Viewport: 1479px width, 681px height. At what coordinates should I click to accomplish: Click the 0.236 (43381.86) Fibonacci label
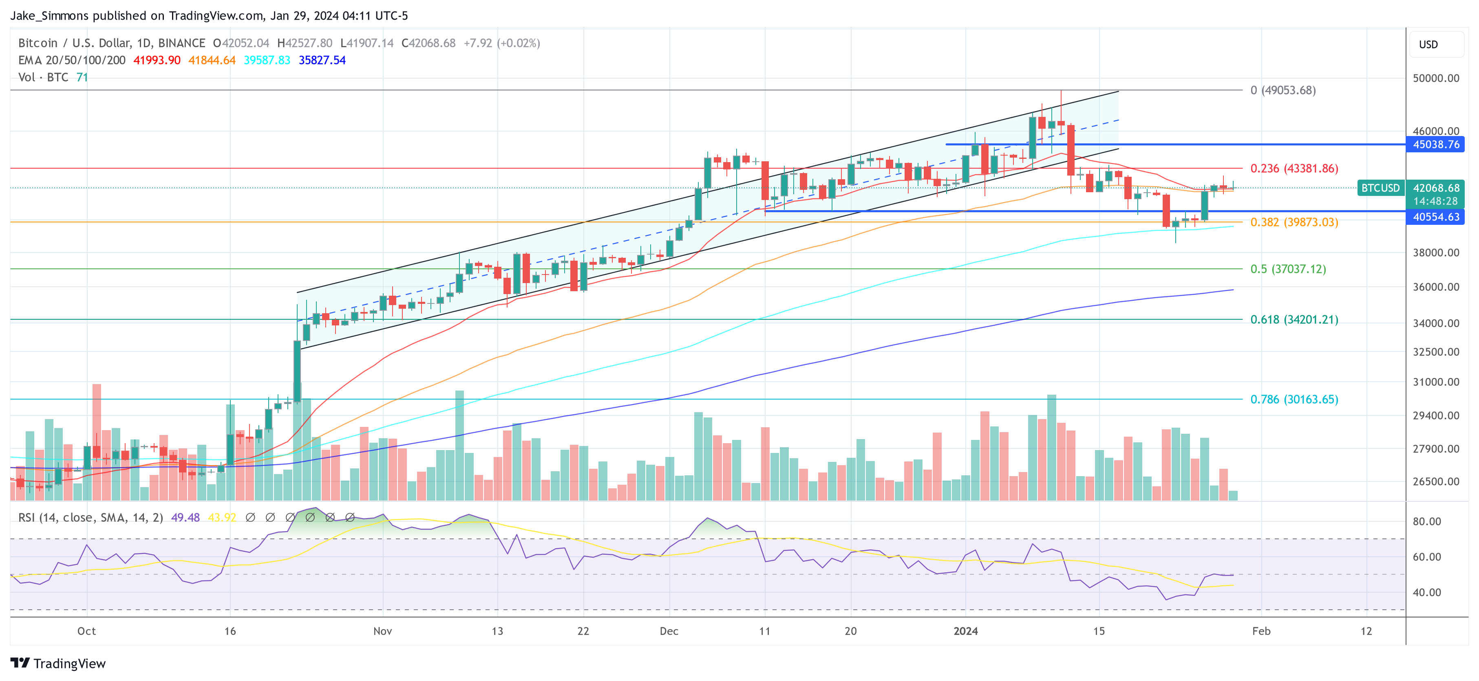point(1294,169)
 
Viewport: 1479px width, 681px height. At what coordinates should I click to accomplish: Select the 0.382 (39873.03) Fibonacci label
point(1294,222)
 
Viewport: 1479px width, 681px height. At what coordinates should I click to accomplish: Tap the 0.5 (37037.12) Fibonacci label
point(1288,269)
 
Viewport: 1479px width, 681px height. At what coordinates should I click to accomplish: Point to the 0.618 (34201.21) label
point(1294,320)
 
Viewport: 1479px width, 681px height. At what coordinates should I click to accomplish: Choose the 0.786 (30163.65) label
point(1294,399)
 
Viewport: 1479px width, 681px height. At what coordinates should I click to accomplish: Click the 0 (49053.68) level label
point(1283,90)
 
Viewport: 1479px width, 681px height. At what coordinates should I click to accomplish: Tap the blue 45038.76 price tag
point(1435,145)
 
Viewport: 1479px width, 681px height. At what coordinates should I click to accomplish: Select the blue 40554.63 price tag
point(1435,217)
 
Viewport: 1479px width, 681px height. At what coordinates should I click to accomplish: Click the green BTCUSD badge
point(1380,188)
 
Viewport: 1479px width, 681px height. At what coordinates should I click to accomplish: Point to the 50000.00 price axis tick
point(1435,78)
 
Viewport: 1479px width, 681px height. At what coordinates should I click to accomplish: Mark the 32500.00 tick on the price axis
point(1435,351)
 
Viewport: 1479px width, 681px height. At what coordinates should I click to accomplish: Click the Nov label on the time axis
point(382,631)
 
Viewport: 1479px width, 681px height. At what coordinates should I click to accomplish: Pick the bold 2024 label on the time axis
point(965,631)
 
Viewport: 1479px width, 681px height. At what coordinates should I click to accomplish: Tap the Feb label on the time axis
point(1261,631)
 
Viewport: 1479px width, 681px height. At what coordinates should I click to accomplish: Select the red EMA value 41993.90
point(157,60)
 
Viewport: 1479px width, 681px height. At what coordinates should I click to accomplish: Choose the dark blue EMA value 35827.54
point(322,60)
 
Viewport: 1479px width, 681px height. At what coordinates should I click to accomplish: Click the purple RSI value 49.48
point(185,518)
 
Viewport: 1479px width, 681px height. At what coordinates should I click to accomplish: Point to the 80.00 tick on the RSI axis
point(1426,521)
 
